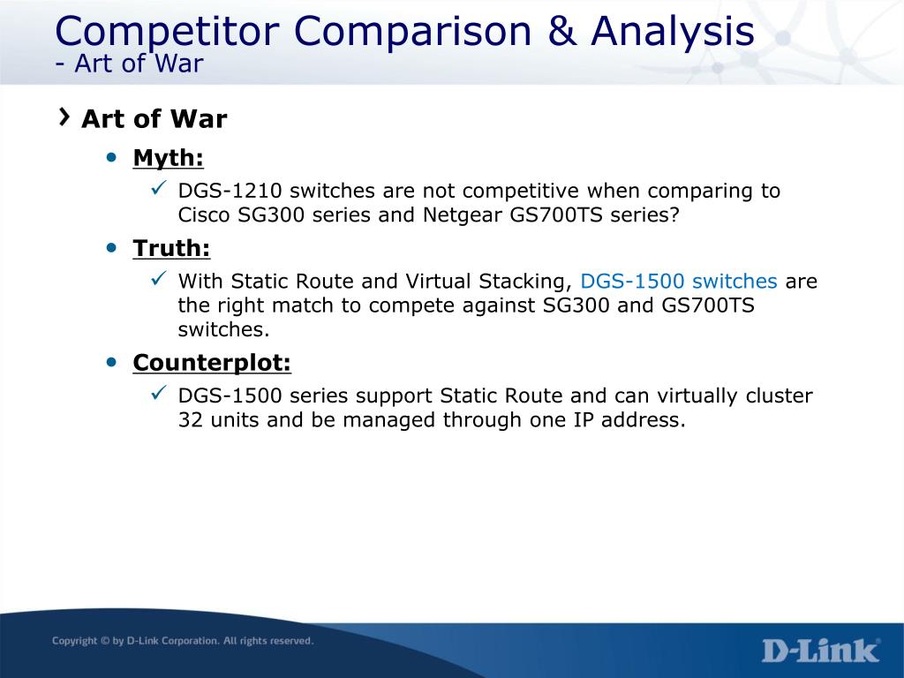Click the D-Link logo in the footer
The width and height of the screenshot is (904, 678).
coord(821,651)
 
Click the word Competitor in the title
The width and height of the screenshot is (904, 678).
coord(167,32)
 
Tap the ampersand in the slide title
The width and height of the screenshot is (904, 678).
coord(561,31)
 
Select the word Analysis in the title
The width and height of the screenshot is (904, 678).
coord(672,32)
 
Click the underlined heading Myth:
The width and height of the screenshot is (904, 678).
coord(169,157)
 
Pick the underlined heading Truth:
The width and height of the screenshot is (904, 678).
coord(171,248)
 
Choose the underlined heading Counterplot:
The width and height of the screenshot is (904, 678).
coord(212,363)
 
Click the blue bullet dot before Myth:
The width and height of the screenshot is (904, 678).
coord(112,157)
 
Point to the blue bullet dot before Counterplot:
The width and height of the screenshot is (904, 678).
coord(112,362)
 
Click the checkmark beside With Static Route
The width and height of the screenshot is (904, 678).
coord(159,278)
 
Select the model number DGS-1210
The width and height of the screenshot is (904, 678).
coord(230,191)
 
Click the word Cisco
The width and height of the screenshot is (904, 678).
coord(204,215)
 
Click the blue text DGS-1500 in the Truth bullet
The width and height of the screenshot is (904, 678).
coord(632,281)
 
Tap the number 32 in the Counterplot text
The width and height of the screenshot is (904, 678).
coord(191,419)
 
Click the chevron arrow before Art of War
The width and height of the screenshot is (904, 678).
coord(64,117)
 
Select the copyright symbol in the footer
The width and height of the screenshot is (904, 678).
coord(105,641)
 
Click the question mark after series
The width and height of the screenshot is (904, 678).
coord(674,215)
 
